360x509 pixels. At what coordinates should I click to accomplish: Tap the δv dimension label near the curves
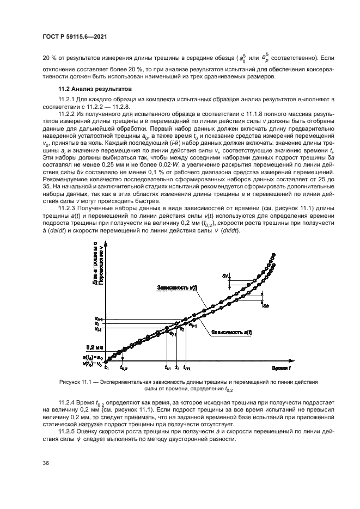point(224,276)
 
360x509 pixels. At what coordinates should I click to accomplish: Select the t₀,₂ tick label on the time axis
point(124,369)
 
